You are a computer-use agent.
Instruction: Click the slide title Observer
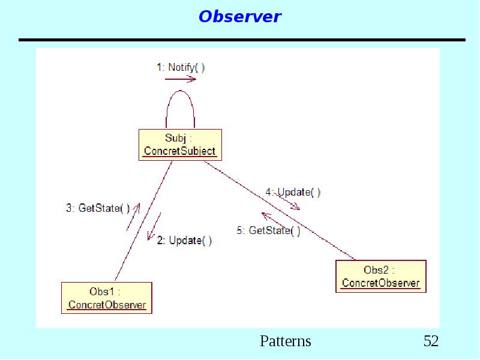239,17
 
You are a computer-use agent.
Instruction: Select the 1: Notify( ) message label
181,67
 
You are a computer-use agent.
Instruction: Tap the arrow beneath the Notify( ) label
181,79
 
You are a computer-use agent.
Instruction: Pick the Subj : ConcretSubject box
180,145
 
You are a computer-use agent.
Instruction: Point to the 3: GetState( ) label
97,209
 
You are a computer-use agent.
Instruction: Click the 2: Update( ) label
184,241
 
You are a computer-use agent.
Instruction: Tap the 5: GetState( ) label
268,230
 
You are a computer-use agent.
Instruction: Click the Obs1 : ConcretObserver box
107,298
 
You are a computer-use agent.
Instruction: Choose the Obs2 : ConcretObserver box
380,277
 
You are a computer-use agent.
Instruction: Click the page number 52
431,341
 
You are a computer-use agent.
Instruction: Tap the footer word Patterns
285,341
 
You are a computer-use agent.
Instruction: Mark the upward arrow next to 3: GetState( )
133,217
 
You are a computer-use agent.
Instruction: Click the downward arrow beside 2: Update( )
154,227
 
